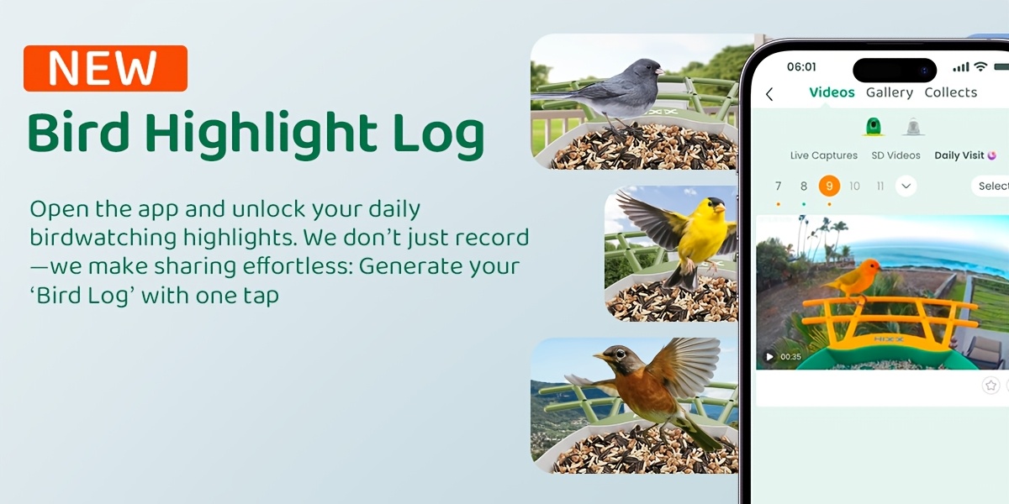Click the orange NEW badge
click(x=105, y=68)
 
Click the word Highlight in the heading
click(x=261, y=135)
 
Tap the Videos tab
click(x=832, y=92)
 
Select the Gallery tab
click(x=890, y=92)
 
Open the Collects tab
click(x=950, y=92)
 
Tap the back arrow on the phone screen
click(x=769, y=94)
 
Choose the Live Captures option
click(x=823, y=155)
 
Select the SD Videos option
click(x=895, y=155)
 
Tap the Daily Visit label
click(x=959, y=155)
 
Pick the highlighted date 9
click(x=829, y=186)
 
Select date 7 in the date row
click(x=778, y=186)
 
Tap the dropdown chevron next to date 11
click(x=906, y=186)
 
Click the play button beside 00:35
click(x=769, y=357)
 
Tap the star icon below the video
click(x=991, y=386)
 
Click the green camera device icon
click(x=873, y=127)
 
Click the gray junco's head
click(x=646, y=70)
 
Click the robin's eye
click(x=621, y=354)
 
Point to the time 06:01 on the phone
click(x=801, y=66)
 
